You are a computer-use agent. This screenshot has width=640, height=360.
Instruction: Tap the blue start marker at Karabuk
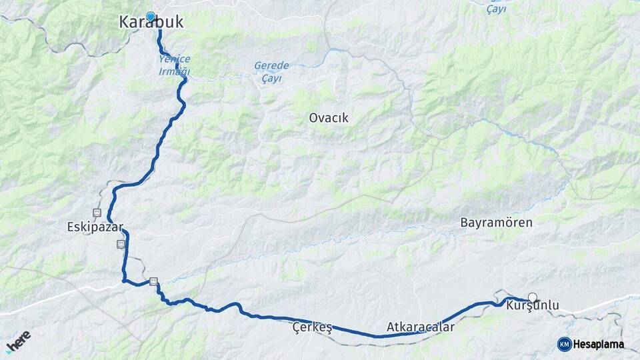click(151, 17)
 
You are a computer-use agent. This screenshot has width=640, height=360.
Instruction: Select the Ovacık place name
click(329, 118)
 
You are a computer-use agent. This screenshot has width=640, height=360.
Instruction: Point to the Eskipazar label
click(95, 227)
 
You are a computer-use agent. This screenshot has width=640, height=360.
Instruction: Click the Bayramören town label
click(497, 223)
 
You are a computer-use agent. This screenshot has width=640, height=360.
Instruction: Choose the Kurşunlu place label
click(533, 307)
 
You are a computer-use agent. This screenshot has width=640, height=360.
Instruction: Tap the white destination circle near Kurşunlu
click(532, 297)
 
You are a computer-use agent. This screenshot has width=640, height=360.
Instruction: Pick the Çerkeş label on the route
click(312, 327)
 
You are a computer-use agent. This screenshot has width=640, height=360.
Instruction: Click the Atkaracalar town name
click(421, 327)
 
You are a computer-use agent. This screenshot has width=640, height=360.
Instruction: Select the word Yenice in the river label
click(175, 59)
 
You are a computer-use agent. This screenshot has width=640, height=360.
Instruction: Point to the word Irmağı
click(175, 71)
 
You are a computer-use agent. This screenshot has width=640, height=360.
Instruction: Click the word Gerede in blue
click(271, 66)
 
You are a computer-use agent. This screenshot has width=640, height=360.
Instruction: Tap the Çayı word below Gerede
click(271, 78)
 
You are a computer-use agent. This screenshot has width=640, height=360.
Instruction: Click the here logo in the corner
click(18, 341)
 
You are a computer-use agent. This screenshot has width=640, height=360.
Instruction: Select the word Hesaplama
click(599, 344)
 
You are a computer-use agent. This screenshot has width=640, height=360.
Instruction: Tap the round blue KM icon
click(564, 344)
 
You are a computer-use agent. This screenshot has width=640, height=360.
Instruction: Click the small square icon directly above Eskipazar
click(97, 213)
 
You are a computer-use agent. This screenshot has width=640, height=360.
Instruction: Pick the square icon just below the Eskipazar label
click(121, 244)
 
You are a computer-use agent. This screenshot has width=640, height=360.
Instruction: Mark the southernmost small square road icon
click(154, 281)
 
